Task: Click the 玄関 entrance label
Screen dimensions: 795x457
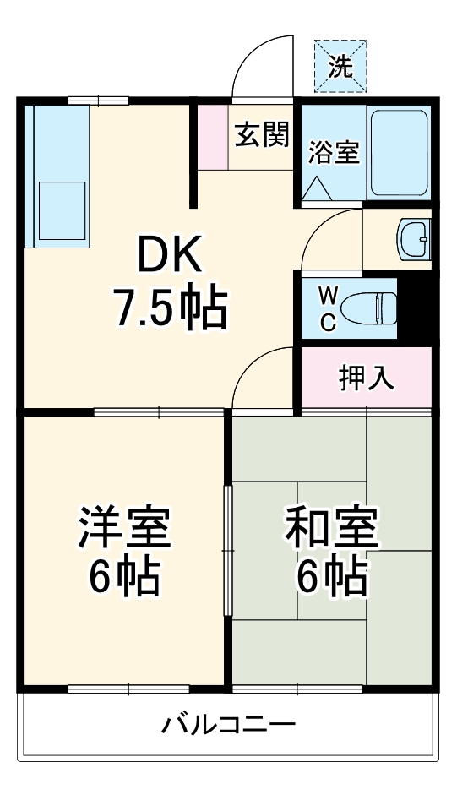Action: (x=262, y=134)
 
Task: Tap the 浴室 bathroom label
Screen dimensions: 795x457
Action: (x=334, y=153)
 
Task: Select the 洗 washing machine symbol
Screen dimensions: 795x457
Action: (x=341, y=66)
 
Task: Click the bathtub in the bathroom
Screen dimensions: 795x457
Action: (x=399, y=151)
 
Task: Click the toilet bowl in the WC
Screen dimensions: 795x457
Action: (x=372, y=308)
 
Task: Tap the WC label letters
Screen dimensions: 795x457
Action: (x=329, y=308)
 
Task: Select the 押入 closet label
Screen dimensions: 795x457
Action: (x=367, y=378)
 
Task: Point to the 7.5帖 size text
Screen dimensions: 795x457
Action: (x=171, y=308)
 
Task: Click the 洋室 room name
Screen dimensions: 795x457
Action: (x=125, y=528)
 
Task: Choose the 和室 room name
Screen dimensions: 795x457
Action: (x=331, y=528)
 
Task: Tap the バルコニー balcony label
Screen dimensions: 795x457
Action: (x=229, y=724)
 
